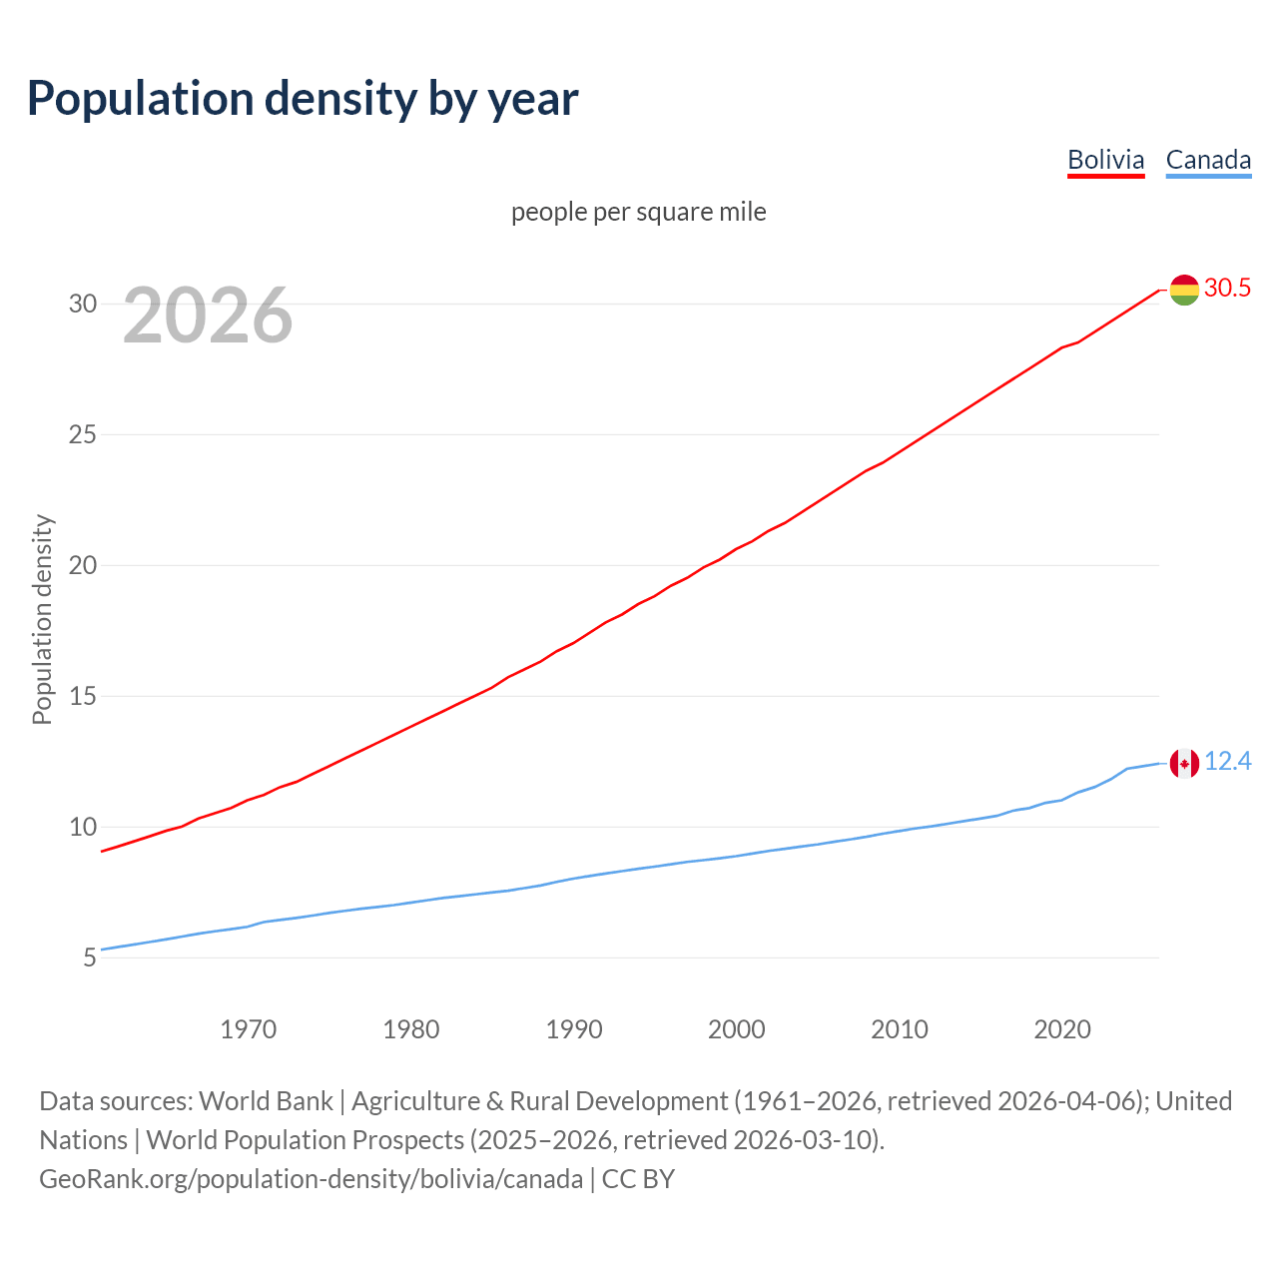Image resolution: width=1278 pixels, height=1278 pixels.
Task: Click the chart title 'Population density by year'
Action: click(x=303, y=98)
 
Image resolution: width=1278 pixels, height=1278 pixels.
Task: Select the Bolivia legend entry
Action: click(x=1105, y=160)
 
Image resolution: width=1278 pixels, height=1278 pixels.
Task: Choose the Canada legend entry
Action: click(x=1208, y=160)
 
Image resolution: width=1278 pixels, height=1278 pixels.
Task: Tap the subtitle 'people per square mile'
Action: click(x=638, y=212)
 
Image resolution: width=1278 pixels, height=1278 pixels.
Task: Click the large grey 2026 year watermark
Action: click(x=208, y=316)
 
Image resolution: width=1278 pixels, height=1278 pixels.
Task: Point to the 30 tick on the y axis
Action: click(x=83, y=304)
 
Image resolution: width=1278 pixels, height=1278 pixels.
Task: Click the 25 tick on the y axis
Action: click(x=83, y=434)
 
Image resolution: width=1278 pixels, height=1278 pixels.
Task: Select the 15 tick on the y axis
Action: click(x=83, y=696)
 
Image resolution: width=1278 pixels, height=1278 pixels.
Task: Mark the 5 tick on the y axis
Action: click(x=90, y=958)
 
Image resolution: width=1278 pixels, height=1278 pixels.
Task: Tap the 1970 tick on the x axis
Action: click(x=248, y=1029)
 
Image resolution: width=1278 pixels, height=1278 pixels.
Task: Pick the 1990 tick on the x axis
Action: click(x=574, y=1029)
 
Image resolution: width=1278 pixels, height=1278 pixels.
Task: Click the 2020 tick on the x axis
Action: click(x=1062, y=1029)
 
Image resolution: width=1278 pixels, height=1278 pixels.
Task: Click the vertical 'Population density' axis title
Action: click(x=42, y=619)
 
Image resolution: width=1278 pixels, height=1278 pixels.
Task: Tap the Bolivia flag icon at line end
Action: click(x=1184, y=290)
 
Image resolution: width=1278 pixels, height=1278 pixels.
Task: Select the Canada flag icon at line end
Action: click(x=1184, y=764)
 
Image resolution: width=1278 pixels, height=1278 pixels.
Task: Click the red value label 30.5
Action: click(x=1227, y=288)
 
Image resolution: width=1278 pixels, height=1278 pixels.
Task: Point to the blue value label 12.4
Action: click(x=1227, y=762)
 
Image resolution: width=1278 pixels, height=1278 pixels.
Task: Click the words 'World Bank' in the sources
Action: click(x=266, y=1100)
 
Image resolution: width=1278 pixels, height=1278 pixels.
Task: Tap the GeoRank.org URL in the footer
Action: click(x=311, y=1179)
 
